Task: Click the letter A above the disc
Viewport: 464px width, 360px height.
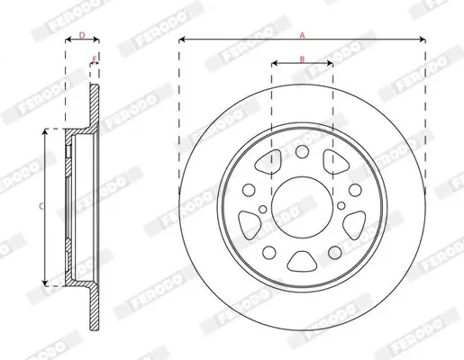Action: coord(303,33)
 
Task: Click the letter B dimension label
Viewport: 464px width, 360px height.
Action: coord(303,58)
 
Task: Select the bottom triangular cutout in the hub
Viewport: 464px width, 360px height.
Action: coord(302,263)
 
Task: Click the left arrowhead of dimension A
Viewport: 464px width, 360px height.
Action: coord(182,40)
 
